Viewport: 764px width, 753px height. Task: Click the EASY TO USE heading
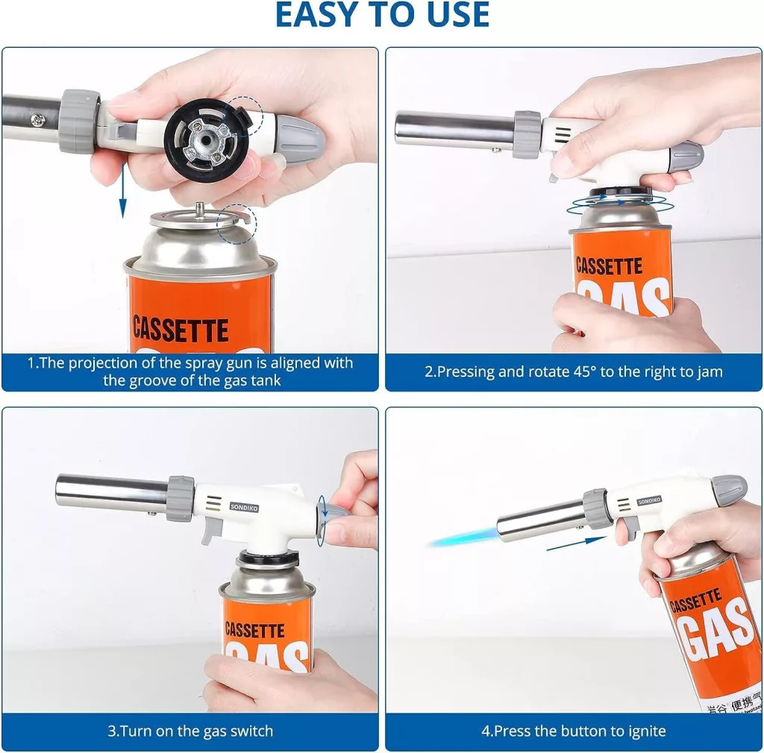pyautogui.click(x=382, y=15)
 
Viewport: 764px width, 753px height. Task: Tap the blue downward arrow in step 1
pyautogui.click(x=123, y=192)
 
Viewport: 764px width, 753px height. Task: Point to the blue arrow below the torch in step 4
pyautogui.click(x=577, y=544)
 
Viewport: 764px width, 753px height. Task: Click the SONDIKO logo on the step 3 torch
pyautogui.click(x=244, y=508)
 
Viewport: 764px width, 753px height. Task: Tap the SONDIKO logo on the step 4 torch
pyautogui.click(x=650, y=500)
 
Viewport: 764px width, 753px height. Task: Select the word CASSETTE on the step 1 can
pyautogui.click(x=181, y=330)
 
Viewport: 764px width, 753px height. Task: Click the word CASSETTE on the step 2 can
pyautogui.click(x=609, y=266)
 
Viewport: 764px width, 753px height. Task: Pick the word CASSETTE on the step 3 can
pyautogui.click(x=255, y=630)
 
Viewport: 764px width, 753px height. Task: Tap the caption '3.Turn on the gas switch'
pyautogui.click(x=190, y=731)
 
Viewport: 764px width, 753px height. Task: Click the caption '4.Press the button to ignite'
pyautogui.click(x=574, y=731)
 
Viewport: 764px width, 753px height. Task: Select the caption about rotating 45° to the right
pyautogui.click(x=574, y=372)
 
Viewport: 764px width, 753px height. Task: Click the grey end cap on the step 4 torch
pyautogui.click(x=730, y=489)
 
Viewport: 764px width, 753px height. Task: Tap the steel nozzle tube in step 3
pyautogui.click(x=112, y=492)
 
